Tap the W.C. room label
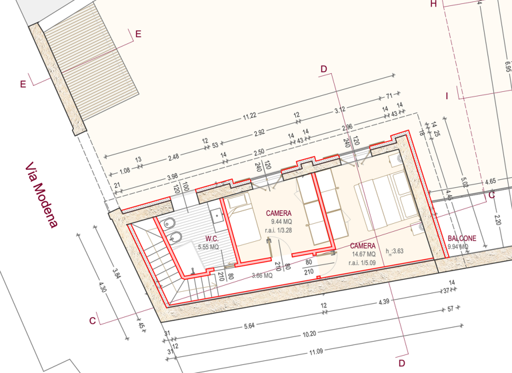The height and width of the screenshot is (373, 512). (213, 238)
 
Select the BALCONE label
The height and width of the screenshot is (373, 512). (462, 238)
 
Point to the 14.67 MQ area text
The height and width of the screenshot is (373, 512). (363, 254)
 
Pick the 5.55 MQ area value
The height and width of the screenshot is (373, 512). (208, 246)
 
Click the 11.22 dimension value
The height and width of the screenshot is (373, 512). (250, 116)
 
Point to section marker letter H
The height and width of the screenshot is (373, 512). (433, 4)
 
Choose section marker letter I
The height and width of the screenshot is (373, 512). (447, 97)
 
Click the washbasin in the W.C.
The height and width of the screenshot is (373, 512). (217, 216)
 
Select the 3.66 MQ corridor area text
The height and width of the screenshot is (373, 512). (261, 275)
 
